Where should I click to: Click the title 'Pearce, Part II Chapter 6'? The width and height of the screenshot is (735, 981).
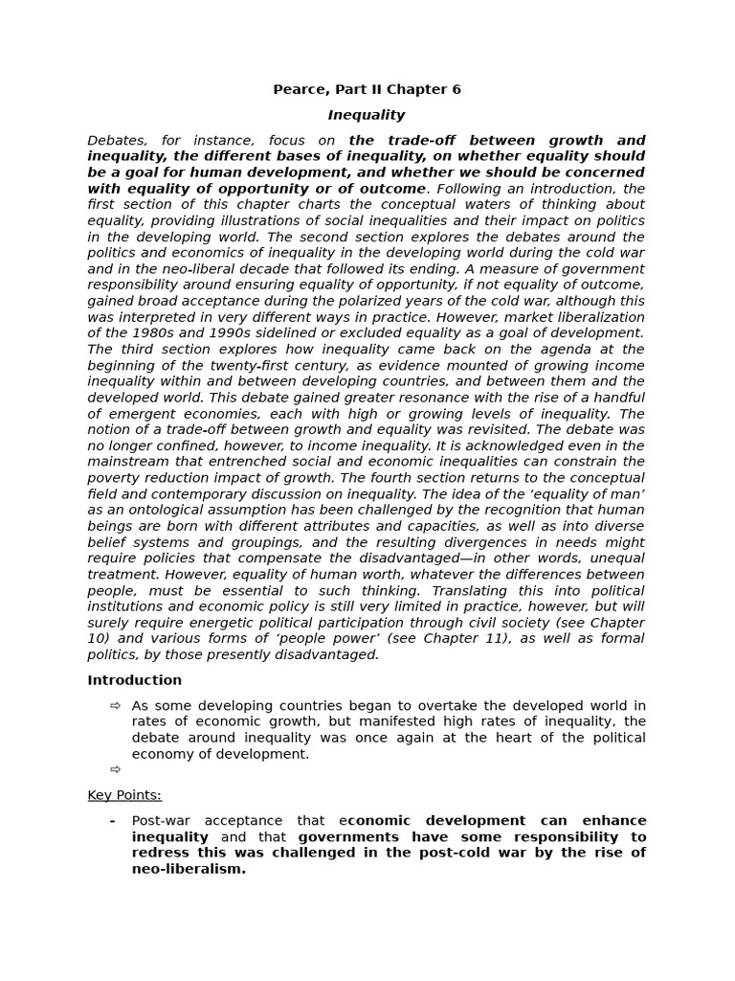click(367, 89)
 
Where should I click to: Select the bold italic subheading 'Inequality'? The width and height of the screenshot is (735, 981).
click(367, 115)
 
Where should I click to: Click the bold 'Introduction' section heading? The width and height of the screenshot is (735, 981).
click(134, 680)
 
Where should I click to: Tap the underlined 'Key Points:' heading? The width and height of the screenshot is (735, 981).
click(124, 795)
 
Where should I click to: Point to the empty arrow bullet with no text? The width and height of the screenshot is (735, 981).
click(116, 769)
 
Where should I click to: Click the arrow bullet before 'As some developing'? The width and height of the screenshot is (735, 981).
click(116, 706)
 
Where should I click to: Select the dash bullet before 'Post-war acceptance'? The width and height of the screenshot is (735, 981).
click(112, 821)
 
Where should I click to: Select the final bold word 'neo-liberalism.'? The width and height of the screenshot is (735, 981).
click(189, 869)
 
